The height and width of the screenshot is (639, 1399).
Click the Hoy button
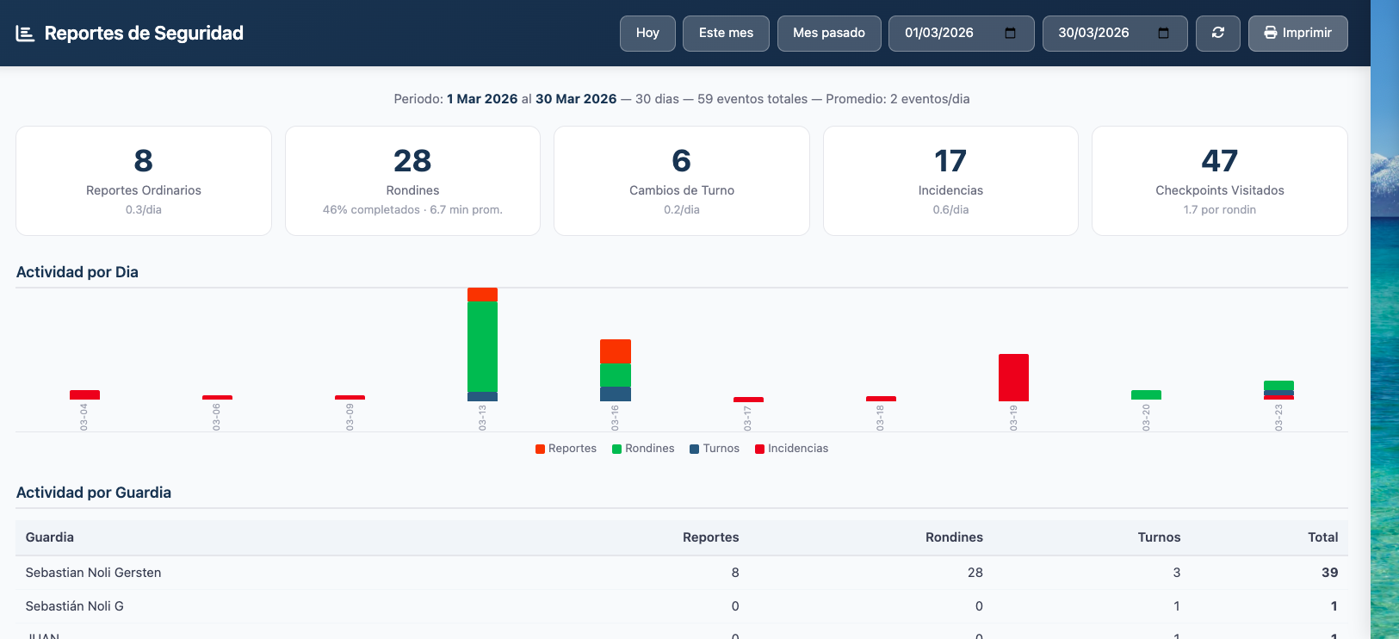[647, 34]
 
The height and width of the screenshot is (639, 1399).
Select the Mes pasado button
[828, 34]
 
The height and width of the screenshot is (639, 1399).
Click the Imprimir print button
[1297, 34]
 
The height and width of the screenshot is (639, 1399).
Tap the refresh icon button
[1217, 34]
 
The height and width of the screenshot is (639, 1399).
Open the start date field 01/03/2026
[940, 34]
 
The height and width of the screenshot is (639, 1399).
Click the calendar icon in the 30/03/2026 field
[1163, 34]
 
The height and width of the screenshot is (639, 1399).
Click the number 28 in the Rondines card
[412, 161]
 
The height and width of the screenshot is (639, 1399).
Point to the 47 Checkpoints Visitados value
[1219, 161]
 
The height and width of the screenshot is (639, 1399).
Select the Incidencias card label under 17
[950, 190]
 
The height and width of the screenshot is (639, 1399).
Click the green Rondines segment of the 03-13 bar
[482, 346]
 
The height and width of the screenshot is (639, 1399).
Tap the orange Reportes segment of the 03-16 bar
[615, 351]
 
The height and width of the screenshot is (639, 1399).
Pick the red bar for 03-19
[1013, 377]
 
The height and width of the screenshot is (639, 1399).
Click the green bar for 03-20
[1146, 394]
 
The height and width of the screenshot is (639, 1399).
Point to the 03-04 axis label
[84, 417]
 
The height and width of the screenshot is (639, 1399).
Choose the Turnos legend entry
[715, 449]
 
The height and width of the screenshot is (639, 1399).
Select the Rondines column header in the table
[954, 537]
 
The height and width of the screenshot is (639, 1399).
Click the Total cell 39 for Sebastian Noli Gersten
[1329, 573]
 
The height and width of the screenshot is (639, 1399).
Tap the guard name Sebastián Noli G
[75, 606]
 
